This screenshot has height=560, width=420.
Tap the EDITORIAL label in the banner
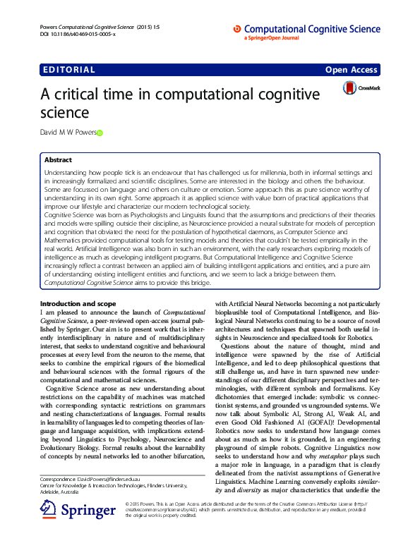68,70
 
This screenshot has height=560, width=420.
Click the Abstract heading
58,161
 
